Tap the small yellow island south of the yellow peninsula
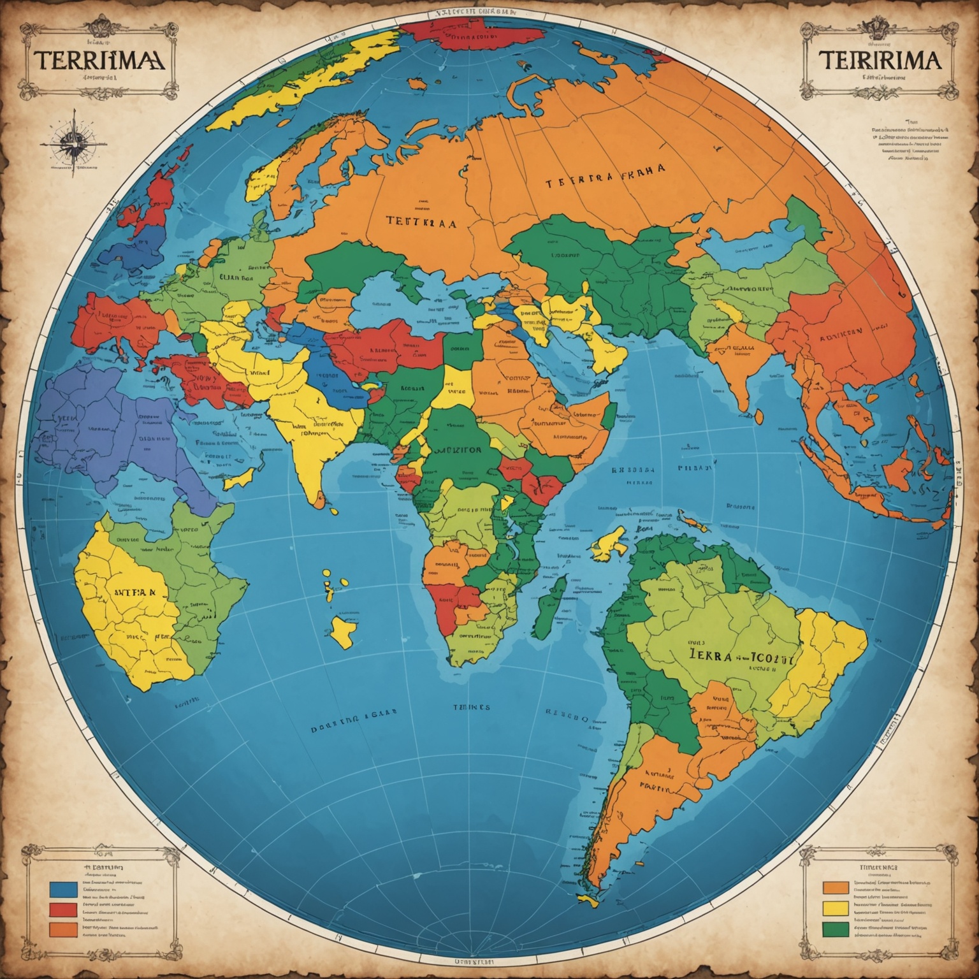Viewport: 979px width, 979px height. pyautogui.click(x=345, y=631)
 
